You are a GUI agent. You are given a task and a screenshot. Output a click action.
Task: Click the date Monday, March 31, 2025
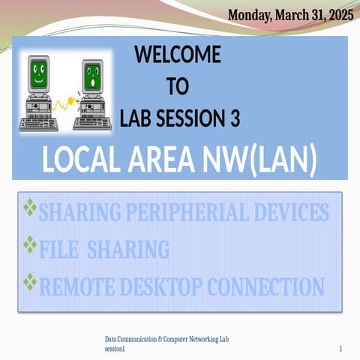pos(290,14)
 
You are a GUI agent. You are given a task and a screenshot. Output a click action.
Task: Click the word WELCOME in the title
pos(177,55)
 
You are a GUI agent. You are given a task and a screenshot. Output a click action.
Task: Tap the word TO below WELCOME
pos(177,87)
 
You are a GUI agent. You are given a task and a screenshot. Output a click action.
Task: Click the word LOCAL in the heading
pos(83,160)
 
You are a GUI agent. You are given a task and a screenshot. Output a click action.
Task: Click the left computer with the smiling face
pos(37,94)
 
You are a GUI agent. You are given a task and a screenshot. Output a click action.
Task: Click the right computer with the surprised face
pos(93,94)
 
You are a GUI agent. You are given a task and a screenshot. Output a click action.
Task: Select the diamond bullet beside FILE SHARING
pos(30,244)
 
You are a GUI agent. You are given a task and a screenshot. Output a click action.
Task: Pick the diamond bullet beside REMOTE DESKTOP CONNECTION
pos(30,282)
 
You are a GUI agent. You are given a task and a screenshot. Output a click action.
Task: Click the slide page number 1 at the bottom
pos(340,349)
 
